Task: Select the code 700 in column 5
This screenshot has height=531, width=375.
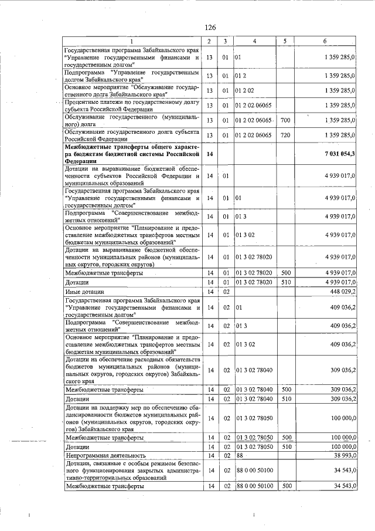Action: (x=285, y=120)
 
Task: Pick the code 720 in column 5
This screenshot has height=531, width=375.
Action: (x=285, y=135)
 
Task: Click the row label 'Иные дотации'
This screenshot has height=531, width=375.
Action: (x=85, y=292)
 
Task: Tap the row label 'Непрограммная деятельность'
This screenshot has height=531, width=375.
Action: (x=105, y=455)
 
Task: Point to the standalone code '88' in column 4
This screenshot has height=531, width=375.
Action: (x=240, y=455)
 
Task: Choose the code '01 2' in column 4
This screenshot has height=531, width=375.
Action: (x=240, y=76)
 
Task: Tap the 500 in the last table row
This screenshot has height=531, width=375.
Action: (x=286, y=486)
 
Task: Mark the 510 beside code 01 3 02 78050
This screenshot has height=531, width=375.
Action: (x=286, y=447)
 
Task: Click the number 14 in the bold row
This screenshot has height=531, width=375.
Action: (x=209, y=153)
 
